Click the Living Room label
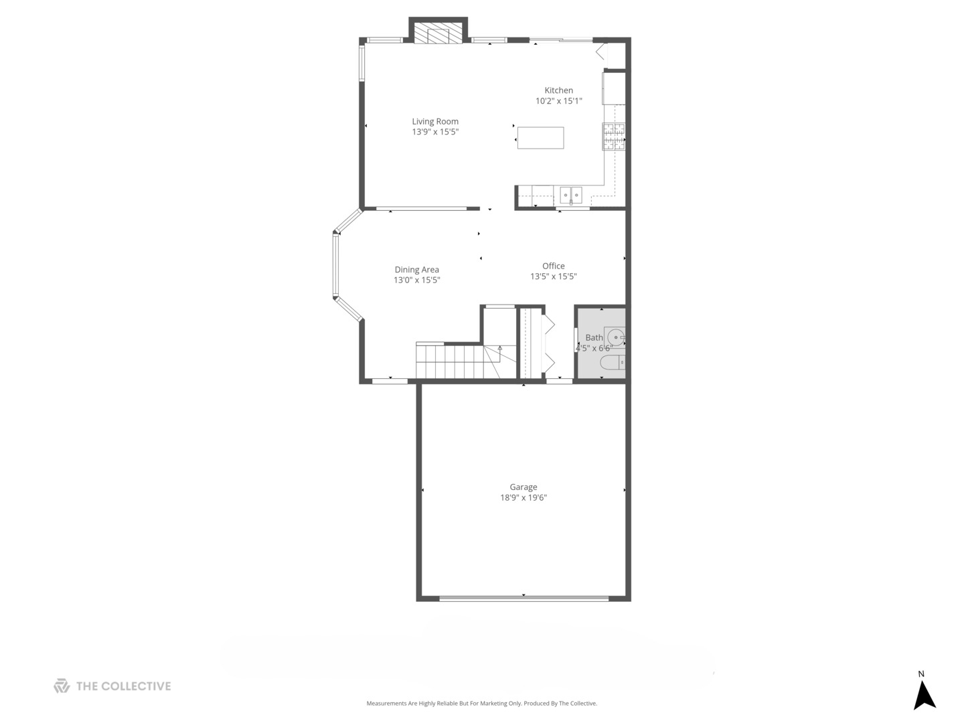[x=435, y=121]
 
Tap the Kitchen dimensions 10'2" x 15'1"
[x=558, y=101]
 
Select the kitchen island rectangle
[x=540, y=138]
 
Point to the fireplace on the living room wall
[x=438, y=34]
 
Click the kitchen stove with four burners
[x=613, y=137]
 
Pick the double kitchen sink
[x=571, y=195]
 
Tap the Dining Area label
[x=416, y=270]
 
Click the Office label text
[x=553, y=266]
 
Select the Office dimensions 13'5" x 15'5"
[x=553, y=276]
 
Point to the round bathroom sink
[x=615, y=337]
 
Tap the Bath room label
[x=594, y=337]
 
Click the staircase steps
[x=449, y=361]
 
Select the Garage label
[x=523, y=487]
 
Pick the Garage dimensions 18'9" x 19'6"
[x=523, y=497]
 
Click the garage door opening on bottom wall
[x=524, y=597]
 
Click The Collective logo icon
[x=62, y=686]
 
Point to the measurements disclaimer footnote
[x=481, y=704]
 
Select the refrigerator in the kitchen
[x=614, y=89]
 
